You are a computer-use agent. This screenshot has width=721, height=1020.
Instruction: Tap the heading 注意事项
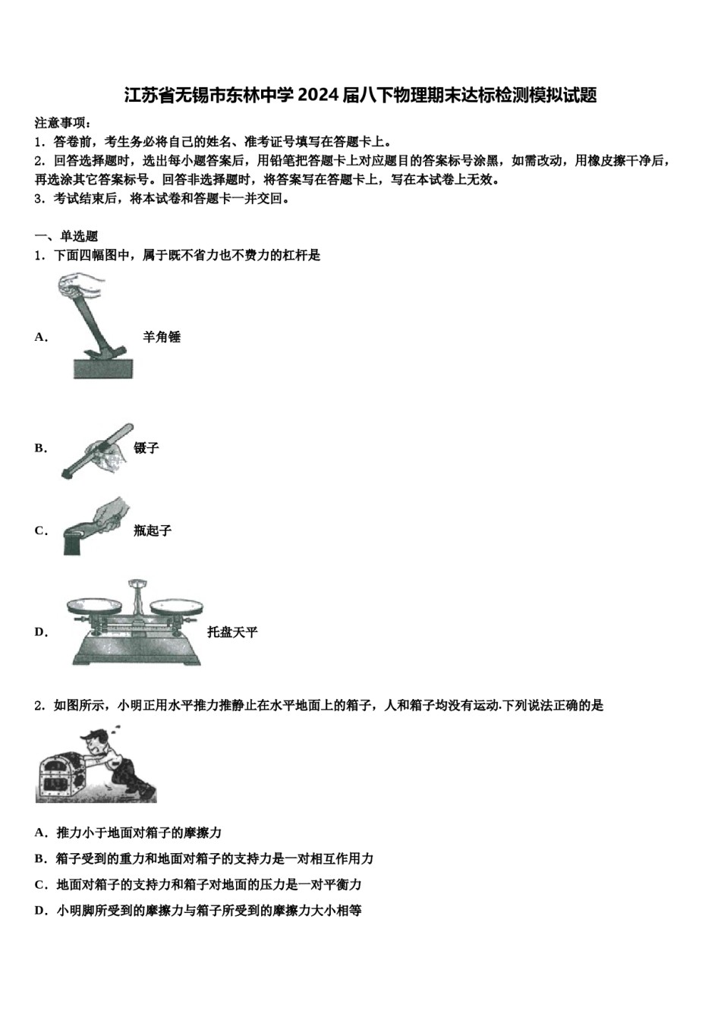click(63, 123)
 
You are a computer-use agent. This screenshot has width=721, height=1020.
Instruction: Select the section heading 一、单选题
click(67, 236)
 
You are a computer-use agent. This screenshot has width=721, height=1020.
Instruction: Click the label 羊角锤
click(162, 337)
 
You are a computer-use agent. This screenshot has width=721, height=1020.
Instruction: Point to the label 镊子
click(146, 448)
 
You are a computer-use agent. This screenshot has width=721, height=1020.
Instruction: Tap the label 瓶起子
click(153, 530)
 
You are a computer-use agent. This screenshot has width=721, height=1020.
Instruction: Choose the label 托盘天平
click(232, 631)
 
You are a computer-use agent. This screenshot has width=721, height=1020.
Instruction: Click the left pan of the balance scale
click(94, 605)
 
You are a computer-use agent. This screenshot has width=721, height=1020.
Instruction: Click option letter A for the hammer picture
click(40, 337)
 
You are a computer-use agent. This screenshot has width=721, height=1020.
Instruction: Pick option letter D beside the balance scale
click(40, 631)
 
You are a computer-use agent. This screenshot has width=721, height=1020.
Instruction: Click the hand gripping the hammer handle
click(80, 286)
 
